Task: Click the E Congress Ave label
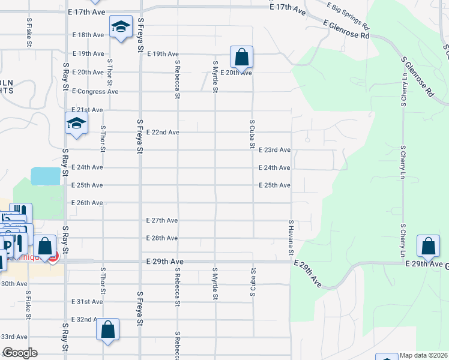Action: (95, 91)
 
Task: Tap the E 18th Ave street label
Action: (88, 35)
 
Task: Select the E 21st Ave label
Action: (88, 110)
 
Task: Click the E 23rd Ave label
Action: (274, 150)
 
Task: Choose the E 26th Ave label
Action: (87, 203)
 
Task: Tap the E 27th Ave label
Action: (162, 220)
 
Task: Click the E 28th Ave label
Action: (162, 238)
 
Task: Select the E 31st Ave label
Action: (87, 302)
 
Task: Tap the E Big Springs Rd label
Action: (349, 16)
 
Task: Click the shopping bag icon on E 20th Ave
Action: (241, 58)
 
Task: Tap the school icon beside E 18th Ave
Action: (121, 26)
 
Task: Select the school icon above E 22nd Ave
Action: (77, 124)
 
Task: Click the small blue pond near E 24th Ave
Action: (45, 176)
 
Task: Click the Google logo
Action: (19, 353)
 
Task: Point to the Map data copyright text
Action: (424, 355)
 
